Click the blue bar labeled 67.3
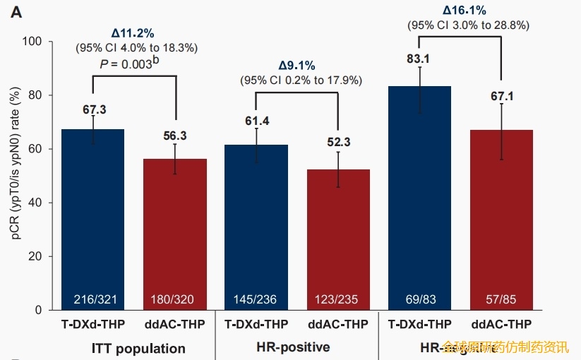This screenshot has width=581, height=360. (x=92, y=219)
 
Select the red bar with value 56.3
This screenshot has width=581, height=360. (x=175, y=234)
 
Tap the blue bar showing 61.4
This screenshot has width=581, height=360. (x=256, y=227)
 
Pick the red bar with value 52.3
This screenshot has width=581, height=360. (x=339, y=239)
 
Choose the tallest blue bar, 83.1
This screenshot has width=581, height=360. (x=419, y=198)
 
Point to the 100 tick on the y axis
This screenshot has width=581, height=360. (x=33, y=42)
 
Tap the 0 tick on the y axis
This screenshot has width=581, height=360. (x=39, y=310)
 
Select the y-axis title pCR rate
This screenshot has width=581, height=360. (x=15, y=176)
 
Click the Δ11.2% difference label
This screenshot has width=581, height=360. (x=133, y=33)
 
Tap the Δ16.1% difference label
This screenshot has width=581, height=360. (x=464, y=11)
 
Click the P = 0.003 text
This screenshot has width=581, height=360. (x=128, y=64)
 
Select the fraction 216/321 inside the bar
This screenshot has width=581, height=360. (x=92, y=299)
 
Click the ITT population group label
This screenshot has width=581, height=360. (x=138, y=348)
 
